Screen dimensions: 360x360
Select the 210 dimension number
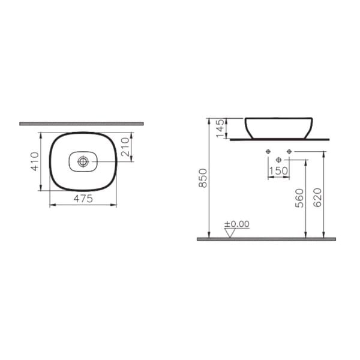[126, 147]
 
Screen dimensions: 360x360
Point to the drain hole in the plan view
[83, 161]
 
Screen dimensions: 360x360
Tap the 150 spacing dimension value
[278, 172]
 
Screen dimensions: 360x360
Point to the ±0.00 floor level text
[236, 224]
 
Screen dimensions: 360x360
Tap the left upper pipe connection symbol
[268, 151]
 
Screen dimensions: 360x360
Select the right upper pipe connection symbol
[289, 151]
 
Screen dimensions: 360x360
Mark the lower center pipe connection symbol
[278, 160]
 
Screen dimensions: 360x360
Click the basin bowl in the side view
[278, 127]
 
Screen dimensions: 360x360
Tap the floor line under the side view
[266, 239]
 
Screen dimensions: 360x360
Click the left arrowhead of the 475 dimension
[49, 205]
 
